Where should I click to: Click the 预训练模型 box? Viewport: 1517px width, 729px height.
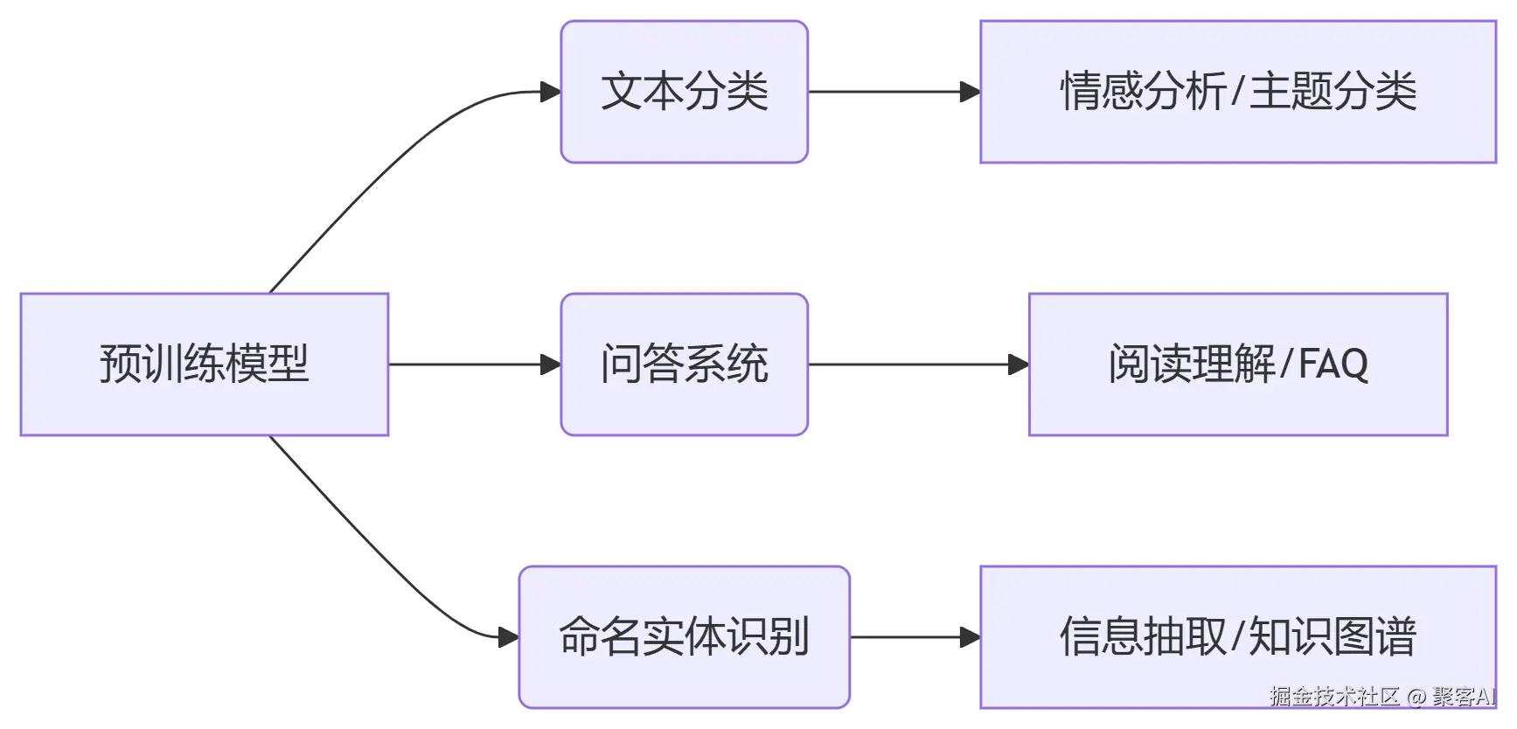pos(204,364)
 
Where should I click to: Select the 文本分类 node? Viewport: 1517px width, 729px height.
pos(684,92)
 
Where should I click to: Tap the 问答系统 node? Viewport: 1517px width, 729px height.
pos(684,364)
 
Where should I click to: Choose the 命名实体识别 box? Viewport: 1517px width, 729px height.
pos(684,636)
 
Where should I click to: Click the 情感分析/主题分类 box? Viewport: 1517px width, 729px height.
pos(1237,92)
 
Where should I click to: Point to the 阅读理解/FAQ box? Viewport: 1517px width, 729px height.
pos(1237,364)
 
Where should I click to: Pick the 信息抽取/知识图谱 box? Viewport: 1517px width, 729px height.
pos(1237,636)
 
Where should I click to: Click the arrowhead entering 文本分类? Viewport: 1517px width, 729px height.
pos(551,92)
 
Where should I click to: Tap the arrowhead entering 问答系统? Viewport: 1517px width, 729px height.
pos(551,364)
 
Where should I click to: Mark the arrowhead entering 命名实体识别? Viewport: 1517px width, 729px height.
pos(509,636)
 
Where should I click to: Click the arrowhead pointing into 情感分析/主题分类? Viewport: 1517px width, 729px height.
pos(970,92)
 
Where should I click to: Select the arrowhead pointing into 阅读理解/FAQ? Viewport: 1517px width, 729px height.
pos(1019,364)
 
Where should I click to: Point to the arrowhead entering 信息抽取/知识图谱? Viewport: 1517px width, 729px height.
pos(970,636)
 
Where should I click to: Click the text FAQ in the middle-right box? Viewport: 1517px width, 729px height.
pos(1333,364)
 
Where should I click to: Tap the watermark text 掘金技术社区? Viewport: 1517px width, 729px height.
pos(1334,697)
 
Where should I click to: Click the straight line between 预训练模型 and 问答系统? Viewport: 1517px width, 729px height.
pos(463,364)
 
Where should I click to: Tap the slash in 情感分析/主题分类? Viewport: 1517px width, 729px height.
pos(1236,92)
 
